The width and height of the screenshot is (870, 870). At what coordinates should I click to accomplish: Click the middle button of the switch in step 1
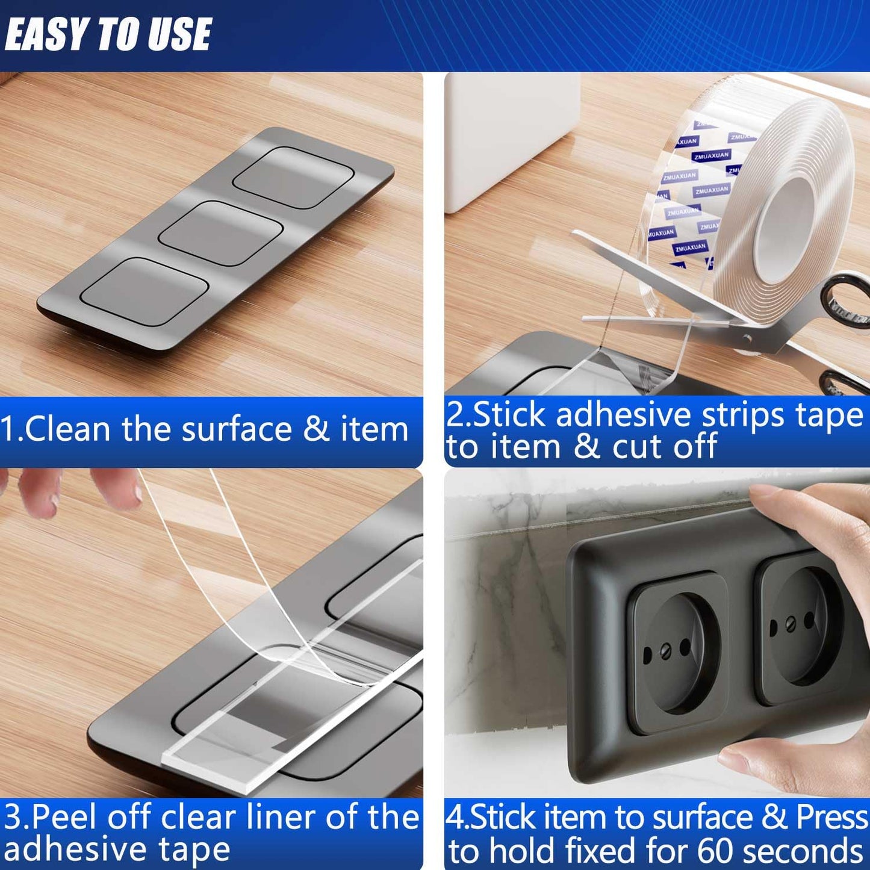[221, 233]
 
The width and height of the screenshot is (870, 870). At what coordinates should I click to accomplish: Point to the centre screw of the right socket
[791, 625]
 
